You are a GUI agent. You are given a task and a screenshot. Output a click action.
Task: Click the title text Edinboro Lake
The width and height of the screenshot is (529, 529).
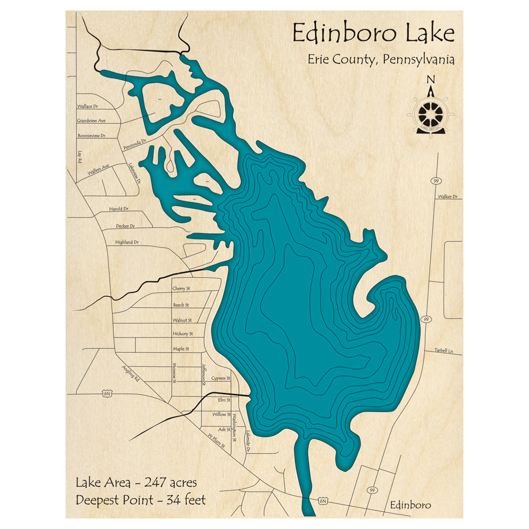point(373,33)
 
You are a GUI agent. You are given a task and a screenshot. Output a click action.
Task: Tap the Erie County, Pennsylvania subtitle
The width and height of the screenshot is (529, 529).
point(381,59)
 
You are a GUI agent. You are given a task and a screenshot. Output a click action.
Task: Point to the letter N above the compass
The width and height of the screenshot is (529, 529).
point(431,80)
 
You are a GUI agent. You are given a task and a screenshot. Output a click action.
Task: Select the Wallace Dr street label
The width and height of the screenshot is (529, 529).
point(88,106)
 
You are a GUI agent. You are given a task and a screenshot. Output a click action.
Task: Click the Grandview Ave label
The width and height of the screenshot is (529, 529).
point(92,121)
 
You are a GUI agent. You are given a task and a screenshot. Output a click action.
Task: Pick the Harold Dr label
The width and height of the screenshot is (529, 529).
point(119,209)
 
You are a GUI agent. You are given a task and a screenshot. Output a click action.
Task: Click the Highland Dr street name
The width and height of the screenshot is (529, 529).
point(126,242)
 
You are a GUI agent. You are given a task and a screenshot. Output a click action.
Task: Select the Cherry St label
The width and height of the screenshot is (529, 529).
point(181,289)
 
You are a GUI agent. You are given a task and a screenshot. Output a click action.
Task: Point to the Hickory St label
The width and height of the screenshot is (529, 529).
point(183,334)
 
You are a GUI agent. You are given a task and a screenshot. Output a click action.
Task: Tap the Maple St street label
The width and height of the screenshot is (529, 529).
point(181,349)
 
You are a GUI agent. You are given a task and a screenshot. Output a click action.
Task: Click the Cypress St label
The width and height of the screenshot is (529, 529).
point(221,379)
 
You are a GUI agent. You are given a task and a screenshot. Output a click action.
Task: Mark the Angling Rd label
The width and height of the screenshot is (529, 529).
point(130,374)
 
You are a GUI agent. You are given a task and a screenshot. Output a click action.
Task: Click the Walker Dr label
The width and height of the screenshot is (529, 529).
point(447,197)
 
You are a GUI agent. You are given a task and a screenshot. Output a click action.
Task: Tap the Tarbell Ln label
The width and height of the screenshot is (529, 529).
point(444,351)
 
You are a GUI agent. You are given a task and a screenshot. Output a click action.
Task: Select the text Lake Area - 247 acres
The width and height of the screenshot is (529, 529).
point(136,482)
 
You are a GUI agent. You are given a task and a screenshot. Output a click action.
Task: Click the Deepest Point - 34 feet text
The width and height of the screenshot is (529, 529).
point(141,499)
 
